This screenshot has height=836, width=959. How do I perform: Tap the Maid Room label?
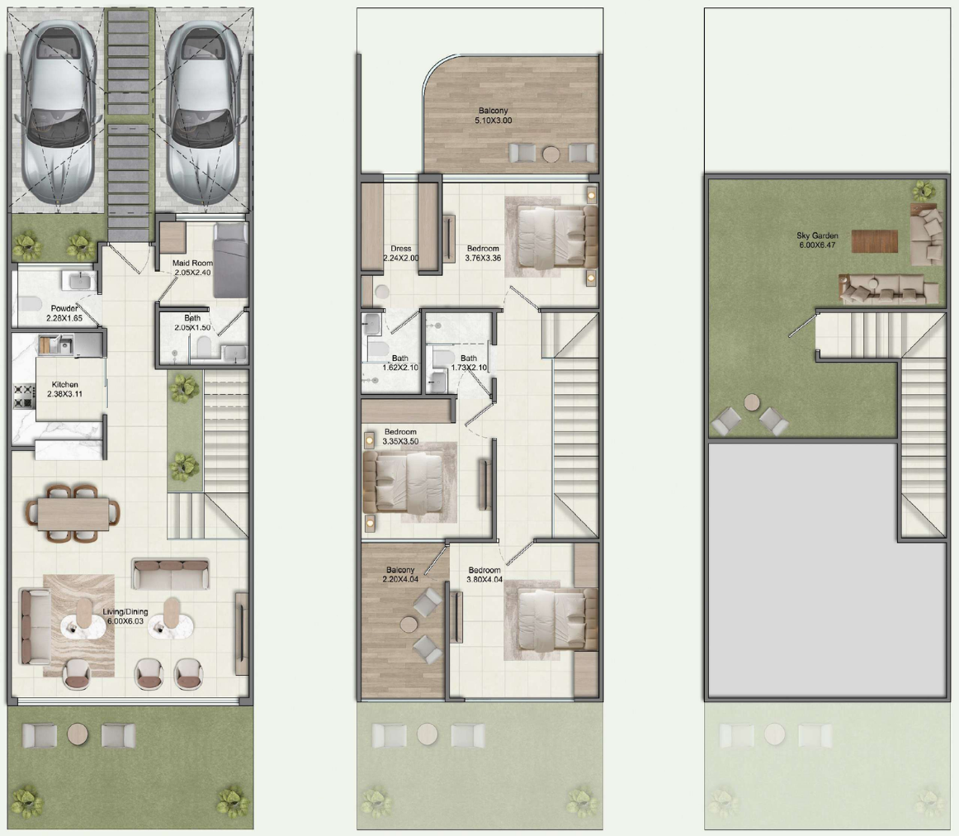pos(192,268)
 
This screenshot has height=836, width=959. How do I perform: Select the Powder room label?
pos(64,313)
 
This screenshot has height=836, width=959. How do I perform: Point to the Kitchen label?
pos(65,390)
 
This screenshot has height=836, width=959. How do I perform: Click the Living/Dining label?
pos(125,616)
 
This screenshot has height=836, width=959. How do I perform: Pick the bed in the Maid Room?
pos(231,260)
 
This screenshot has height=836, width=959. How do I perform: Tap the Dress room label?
pos(401,253)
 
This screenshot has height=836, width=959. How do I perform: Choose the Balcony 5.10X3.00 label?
pos(494,116)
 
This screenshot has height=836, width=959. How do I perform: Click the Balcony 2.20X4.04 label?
pos(400,574)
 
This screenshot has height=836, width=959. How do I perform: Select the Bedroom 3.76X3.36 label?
pos(483,253)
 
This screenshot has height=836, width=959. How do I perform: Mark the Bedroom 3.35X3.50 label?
pos(400,437)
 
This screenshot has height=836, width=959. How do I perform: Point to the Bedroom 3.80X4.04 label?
pos(484,575)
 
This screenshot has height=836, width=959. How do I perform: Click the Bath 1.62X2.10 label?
pos(400,363)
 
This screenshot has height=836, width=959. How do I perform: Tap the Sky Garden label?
pos(818,240)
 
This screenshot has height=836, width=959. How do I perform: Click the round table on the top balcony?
pos(551,153)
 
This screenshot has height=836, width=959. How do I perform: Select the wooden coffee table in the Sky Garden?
pos(874,240)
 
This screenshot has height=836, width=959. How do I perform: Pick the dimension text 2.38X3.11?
pos(65,395)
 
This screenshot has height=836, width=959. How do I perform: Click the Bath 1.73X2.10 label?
pos(469,363)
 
